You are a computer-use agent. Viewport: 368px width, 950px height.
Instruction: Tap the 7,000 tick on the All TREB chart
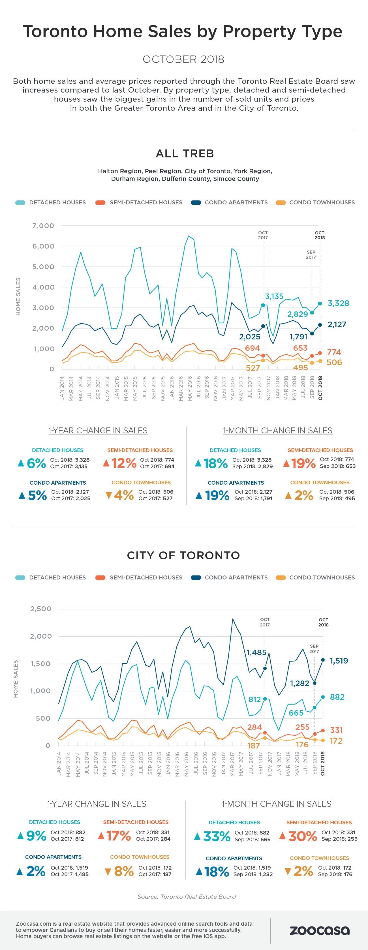[43, 226]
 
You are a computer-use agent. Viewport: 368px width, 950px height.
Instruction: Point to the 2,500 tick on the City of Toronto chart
[40, 609]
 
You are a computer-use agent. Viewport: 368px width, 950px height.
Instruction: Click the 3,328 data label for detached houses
[338, 303]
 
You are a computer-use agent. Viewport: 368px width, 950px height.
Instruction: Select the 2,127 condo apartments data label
[337, 324]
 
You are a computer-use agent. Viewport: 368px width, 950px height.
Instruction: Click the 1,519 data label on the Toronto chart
[339, 660]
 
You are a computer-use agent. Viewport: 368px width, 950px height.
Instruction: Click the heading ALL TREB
[185, 153]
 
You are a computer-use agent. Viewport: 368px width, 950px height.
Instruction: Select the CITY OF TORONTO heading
[183, 555]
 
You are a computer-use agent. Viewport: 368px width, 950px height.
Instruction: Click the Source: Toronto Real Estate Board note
[187, 896]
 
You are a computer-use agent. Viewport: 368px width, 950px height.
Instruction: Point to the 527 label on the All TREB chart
[253, 368]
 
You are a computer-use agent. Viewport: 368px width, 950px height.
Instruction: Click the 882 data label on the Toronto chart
[337, 697]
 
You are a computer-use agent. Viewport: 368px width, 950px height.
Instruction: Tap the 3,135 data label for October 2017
[274, 296]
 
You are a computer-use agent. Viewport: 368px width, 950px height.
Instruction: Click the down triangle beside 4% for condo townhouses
[108, 495]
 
